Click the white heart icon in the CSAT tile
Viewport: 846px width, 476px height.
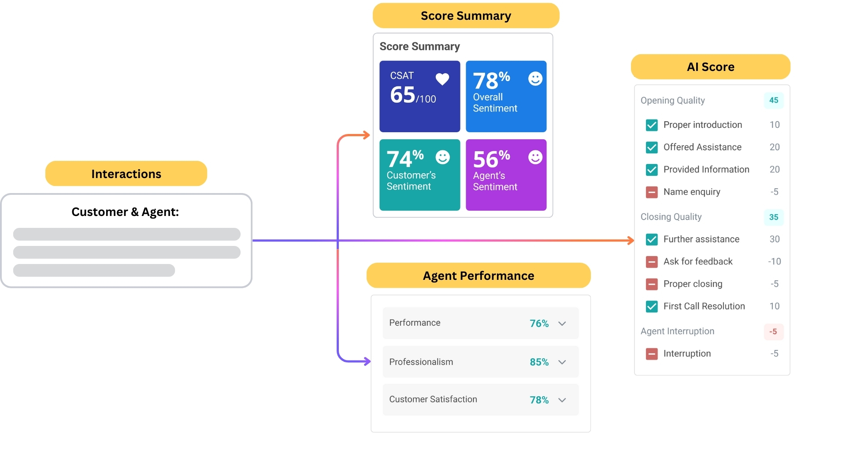point(442,79)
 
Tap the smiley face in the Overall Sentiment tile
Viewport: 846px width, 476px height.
point(535,79)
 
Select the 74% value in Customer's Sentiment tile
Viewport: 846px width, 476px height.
point(404,159)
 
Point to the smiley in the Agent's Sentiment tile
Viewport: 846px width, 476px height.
point(535,157)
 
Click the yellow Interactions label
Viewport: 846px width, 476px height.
point(126,174)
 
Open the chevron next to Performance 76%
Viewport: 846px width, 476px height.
point(562,324)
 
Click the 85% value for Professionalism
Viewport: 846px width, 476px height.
point(539,362)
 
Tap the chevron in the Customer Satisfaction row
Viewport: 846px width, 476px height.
point(562,400)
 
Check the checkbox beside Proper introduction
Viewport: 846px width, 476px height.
point(652,125)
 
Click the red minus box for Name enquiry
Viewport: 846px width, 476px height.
point(652,192)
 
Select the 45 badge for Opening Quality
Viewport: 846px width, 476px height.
point(773,100)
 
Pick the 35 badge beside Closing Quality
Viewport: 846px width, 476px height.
point(773,217)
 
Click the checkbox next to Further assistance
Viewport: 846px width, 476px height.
point(652,239)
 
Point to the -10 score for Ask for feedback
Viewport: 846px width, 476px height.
point(774,262)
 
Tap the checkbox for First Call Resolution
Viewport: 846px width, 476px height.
point(652,306)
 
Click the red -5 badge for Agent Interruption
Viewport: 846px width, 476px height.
point(773,331)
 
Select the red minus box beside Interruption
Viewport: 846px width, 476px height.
point(652,354)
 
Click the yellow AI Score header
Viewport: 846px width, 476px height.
point(710,67)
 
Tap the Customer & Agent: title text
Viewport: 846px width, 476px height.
point(125,212)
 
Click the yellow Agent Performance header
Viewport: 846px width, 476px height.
point(478,276)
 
